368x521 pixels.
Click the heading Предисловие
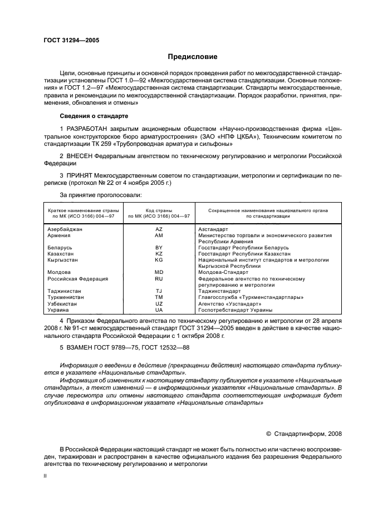(193, 57)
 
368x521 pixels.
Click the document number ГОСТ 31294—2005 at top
(67, 41)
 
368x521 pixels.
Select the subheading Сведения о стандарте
(94, 115)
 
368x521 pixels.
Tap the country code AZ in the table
(159, 229)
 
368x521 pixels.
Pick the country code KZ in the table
(159, 253)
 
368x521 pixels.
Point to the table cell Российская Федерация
(77, 278)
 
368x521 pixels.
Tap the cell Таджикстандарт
(219, 291)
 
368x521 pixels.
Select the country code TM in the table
(159, 297)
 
